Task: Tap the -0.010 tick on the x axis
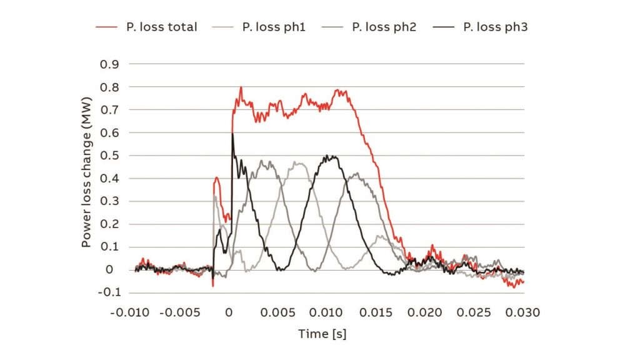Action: (130, 312)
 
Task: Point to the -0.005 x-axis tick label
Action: (179, 312)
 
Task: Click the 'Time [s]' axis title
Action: (322, 334)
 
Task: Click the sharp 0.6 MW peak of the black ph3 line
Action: (232, 133)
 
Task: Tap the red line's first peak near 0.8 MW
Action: (241, 87)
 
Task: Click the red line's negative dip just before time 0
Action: (213, 286)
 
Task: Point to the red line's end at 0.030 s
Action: (523, 282)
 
